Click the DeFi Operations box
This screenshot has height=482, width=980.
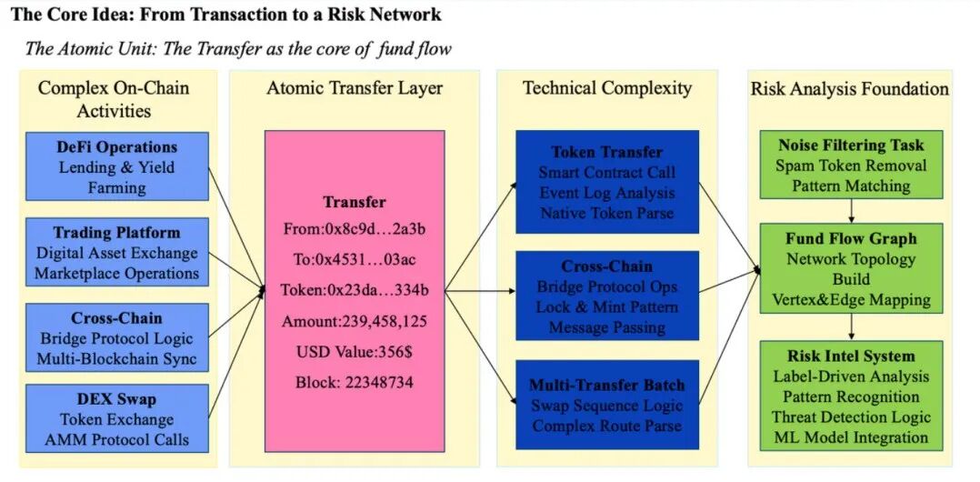116,166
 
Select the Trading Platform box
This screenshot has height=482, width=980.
116,253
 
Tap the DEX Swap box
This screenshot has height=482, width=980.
116,418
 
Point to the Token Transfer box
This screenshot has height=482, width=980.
607,182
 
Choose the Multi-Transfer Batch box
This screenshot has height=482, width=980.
607,405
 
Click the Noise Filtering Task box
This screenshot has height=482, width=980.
851,165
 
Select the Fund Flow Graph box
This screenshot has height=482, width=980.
851,268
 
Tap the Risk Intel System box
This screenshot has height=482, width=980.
851,396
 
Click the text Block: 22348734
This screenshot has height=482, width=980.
355,382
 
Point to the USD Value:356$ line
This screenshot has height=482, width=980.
355,352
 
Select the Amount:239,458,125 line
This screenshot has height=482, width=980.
355,322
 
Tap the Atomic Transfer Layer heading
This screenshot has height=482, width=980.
355,88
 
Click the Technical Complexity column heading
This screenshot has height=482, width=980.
607,88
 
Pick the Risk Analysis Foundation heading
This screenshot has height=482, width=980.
849,88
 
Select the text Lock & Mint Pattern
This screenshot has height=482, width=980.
607,307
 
